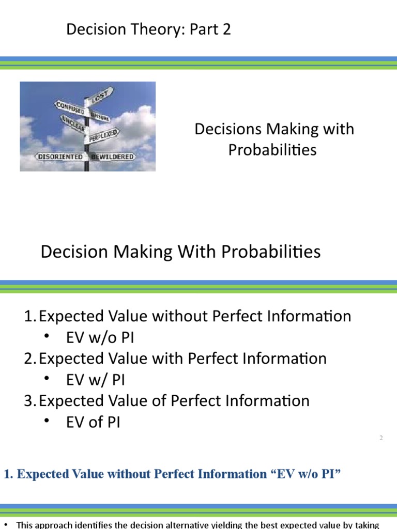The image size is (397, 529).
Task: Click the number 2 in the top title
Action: tap(225, 30)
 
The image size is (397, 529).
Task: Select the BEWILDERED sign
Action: tap(112, 156)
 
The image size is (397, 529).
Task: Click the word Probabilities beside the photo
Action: tap(272, 150)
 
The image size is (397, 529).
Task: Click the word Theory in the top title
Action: tap(160, 30)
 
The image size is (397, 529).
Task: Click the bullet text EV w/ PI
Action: tap(96, 380)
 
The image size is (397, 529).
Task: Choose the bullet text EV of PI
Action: tap(93, 422)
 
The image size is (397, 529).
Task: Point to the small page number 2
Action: tap(381, 438)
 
